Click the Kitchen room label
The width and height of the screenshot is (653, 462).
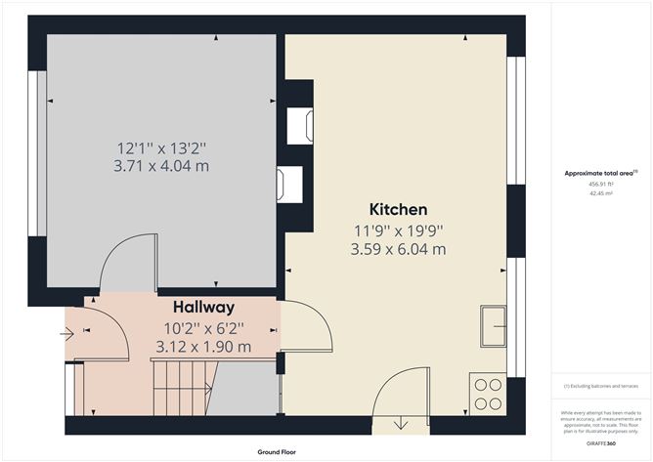(x=398, y=209)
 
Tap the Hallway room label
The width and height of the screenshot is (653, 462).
(x=203, y=308)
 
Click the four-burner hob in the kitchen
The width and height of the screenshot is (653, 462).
(x=489, y=394)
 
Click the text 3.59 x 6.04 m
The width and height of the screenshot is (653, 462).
(x=398, y=249)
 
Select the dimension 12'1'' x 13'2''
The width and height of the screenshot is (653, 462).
(x=162, y=147)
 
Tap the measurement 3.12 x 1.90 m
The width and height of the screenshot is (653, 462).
(x=203, y=347)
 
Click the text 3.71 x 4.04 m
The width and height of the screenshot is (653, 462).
(x=162, y=166)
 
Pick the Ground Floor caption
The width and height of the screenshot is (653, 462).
(x=277, y=452)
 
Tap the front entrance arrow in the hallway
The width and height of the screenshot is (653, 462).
(x=66, y=333)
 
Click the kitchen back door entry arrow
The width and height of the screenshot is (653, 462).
(x=404, y=423)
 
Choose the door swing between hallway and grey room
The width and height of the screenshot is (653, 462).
(x=128, y=262)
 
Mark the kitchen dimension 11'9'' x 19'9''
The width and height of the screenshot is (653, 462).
(x=398, y=231)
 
